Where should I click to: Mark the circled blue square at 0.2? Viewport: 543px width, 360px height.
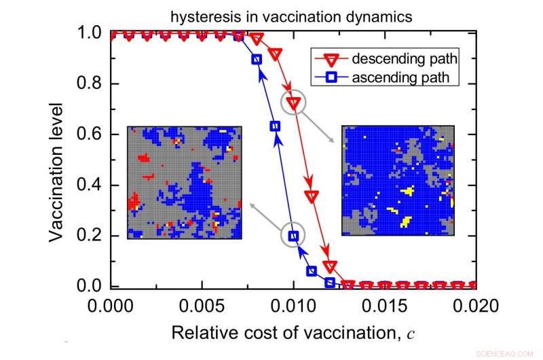coord(293,236)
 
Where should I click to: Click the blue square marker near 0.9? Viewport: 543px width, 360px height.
coord(257,59)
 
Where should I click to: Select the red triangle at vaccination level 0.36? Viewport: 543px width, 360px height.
coord(312,196)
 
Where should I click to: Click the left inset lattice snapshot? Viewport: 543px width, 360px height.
coord(185,182)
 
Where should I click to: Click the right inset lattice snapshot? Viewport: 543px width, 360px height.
coord(398,181)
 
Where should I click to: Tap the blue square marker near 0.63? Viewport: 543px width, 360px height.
coord(275,126)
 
